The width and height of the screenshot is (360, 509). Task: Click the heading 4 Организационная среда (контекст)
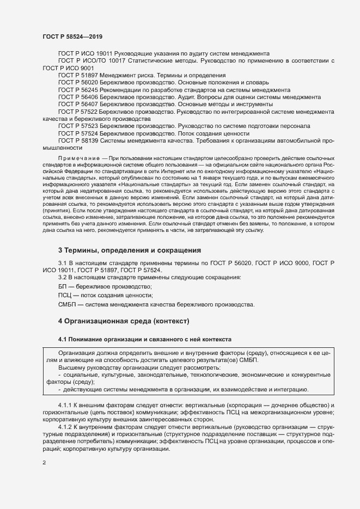[x=124, y=321]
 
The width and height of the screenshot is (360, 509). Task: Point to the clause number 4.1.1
[x=66, y=406]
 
